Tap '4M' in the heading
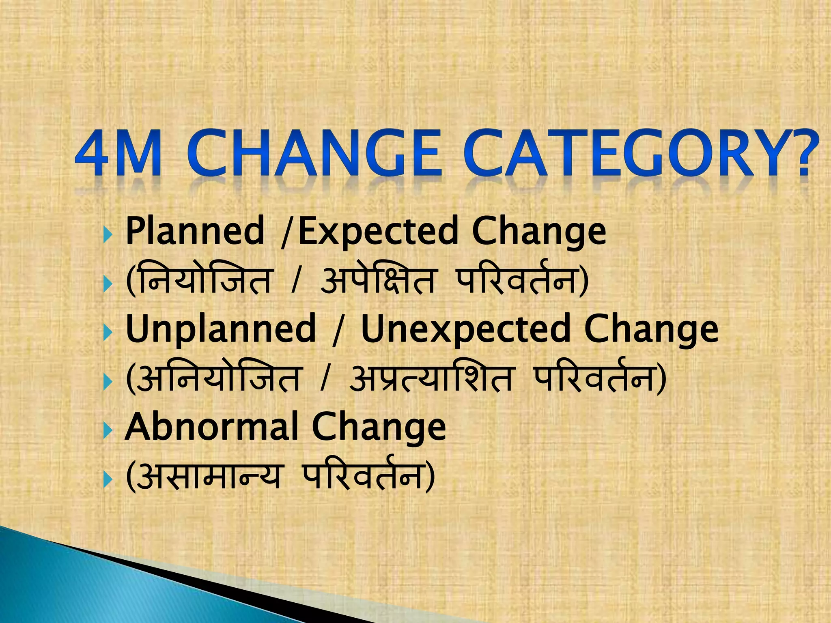coord(118,154)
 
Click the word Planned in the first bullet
coord(195,231)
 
